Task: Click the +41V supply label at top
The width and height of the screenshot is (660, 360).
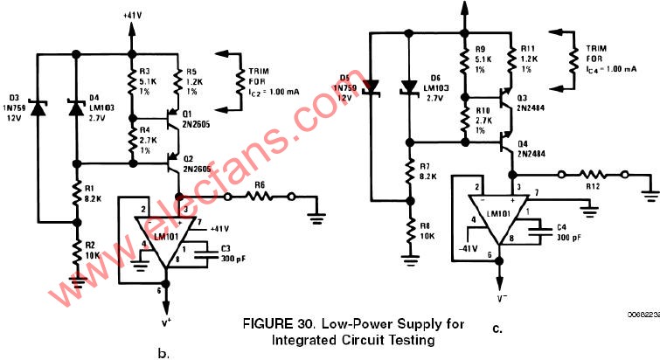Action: (x=133, y=14)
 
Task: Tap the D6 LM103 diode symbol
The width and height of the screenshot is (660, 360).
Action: (x=406, y=87)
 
